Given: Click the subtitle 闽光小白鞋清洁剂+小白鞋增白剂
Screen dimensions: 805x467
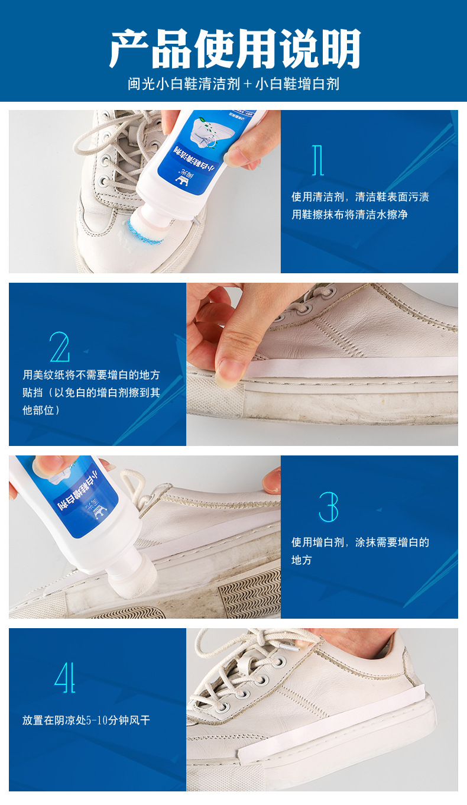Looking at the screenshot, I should point(234,84).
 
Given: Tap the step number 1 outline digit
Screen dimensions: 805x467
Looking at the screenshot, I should point(318,160).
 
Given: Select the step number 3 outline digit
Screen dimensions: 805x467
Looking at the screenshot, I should point(329,506).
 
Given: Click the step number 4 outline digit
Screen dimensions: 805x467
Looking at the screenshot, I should point(65,677).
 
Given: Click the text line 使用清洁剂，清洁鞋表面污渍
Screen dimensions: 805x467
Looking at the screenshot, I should point(360,197).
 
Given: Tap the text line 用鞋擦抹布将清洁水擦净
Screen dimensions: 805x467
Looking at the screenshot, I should point(349,215).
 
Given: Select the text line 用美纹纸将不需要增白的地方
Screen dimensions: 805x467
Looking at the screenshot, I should point(92,375).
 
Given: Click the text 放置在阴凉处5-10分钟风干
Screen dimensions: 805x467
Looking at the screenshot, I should point(90,720).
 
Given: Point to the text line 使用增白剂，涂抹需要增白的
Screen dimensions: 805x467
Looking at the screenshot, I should point(360,542).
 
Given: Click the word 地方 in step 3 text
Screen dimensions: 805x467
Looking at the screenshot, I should point(301,560).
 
